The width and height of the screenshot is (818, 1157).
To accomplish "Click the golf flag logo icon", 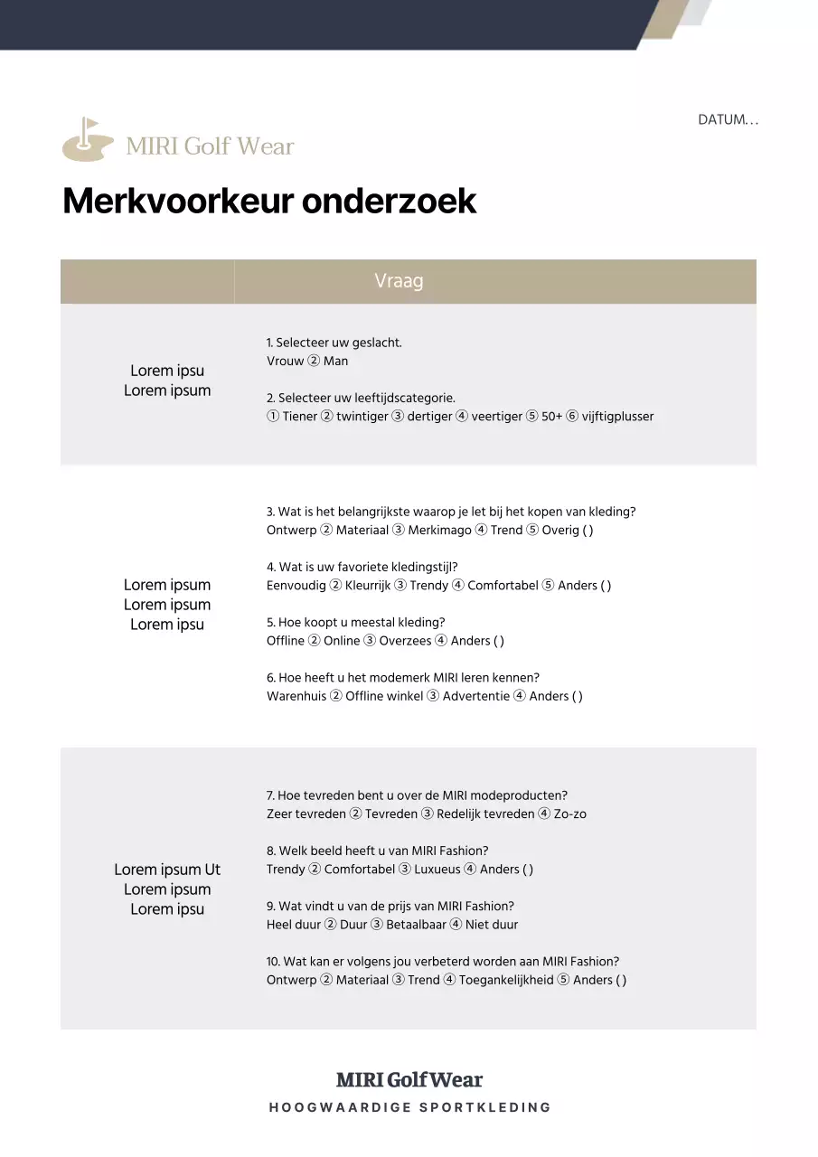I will point(88,140).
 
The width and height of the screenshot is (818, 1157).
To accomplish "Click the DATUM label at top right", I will point(728,119).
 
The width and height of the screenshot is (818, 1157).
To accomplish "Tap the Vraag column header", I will point(399,281).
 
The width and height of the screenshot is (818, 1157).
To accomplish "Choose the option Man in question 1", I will point(335,362).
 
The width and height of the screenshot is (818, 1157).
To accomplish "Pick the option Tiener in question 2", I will point(299,417).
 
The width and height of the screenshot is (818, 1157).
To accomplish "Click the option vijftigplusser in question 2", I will point(617,417).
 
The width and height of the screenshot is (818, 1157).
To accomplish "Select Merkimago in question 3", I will point(439,531).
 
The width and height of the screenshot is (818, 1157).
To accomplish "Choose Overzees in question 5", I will point(405,641).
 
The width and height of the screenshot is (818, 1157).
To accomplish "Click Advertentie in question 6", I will point(476,696).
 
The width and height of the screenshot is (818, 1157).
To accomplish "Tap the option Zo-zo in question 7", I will point(570,814).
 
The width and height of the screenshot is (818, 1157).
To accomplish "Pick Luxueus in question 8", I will point(437,870).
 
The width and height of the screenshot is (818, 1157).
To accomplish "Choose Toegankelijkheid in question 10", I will point(506,980).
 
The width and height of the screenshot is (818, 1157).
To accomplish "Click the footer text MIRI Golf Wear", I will point(409,1080).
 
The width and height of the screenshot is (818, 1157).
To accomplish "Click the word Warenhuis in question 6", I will point(296,696).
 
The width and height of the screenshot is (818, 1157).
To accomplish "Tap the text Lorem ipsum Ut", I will point(167,870).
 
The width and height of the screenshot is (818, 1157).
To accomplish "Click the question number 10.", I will point(272,962).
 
